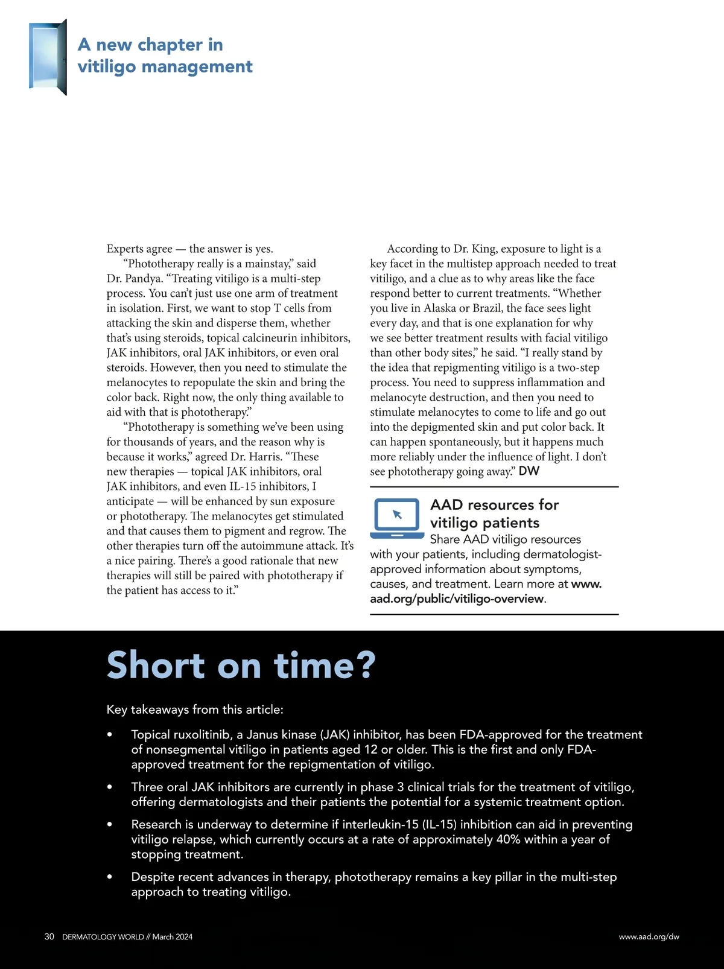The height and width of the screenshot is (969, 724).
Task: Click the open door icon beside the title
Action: [x=48, y=57]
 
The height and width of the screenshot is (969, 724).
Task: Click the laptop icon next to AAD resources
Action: [x=396, y=518]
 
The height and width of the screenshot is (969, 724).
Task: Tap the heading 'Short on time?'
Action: [x=241, y=666]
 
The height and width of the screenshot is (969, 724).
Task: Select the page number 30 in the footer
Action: [x=49, y=936]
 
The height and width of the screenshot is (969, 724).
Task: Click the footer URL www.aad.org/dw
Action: [x=649, y=937]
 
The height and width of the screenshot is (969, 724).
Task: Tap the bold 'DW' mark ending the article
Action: [x=529, y=471]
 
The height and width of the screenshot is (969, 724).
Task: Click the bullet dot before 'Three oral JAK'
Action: [x=109, y=787]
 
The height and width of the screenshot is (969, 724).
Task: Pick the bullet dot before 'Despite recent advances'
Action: [x=109, y=877]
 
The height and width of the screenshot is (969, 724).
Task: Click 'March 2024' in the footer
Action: [x=173, y=937]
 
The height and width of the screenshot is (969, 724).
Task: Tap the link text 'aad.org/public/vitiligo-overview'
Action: [x=457, y=599]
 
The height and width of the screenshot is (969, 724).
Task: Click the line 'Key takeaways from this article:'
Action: [x=195, y=710]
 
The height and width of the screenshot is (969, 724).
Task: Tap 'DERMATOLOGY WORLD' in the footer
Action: [x=103, y=937]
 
